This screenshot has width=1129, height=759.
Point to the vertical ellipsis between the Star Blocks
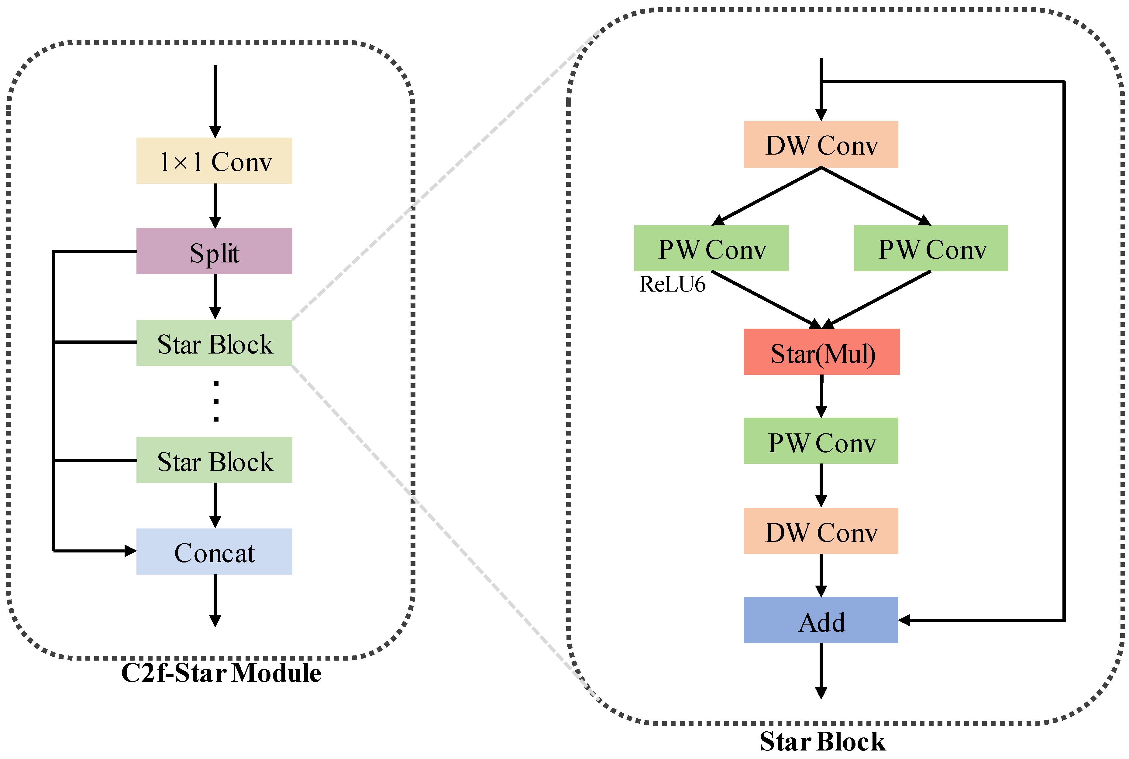[216, 401]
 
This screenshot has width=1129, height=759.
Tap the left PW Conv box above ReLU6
[711, 248]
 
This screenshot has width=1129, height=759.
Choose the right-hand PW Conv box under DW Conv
[931, 248]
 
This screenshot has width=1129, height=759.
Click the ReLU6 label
[672, 284]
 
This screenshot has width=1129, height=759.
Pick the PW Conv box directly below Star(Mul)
[821, 441]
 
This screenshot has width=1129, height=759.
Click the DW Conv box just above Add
[821, 531]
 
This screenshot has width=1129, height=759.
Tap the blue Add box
[821, 620]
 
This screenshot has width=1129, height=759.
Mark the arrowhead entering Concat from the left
[130, 551]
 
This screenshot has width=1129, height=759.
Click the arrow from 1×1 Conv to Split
[215, 205]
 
